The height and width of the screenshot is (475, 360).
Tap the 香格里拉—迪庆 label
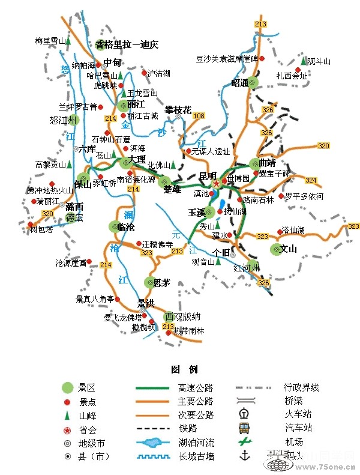pos(127,44)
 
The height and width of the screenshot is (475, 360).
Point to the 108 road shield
pos(199,115)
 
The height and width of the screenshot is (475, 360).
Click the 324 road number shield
pos(311,180)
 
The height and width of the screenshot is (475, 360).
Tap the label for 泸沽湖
pos(159,73)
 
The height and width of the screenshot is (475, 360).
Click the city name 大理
pos(137,160)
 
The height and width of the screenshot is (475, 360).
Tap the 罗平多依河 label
pos(304,196)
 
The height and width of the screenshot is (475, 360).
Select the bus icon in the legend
pos(244,428)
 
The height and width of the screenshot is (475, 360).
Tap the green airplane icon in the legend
pos(244,442)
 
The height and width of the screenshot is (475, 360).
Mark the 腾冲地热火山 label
pos(50,190)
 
